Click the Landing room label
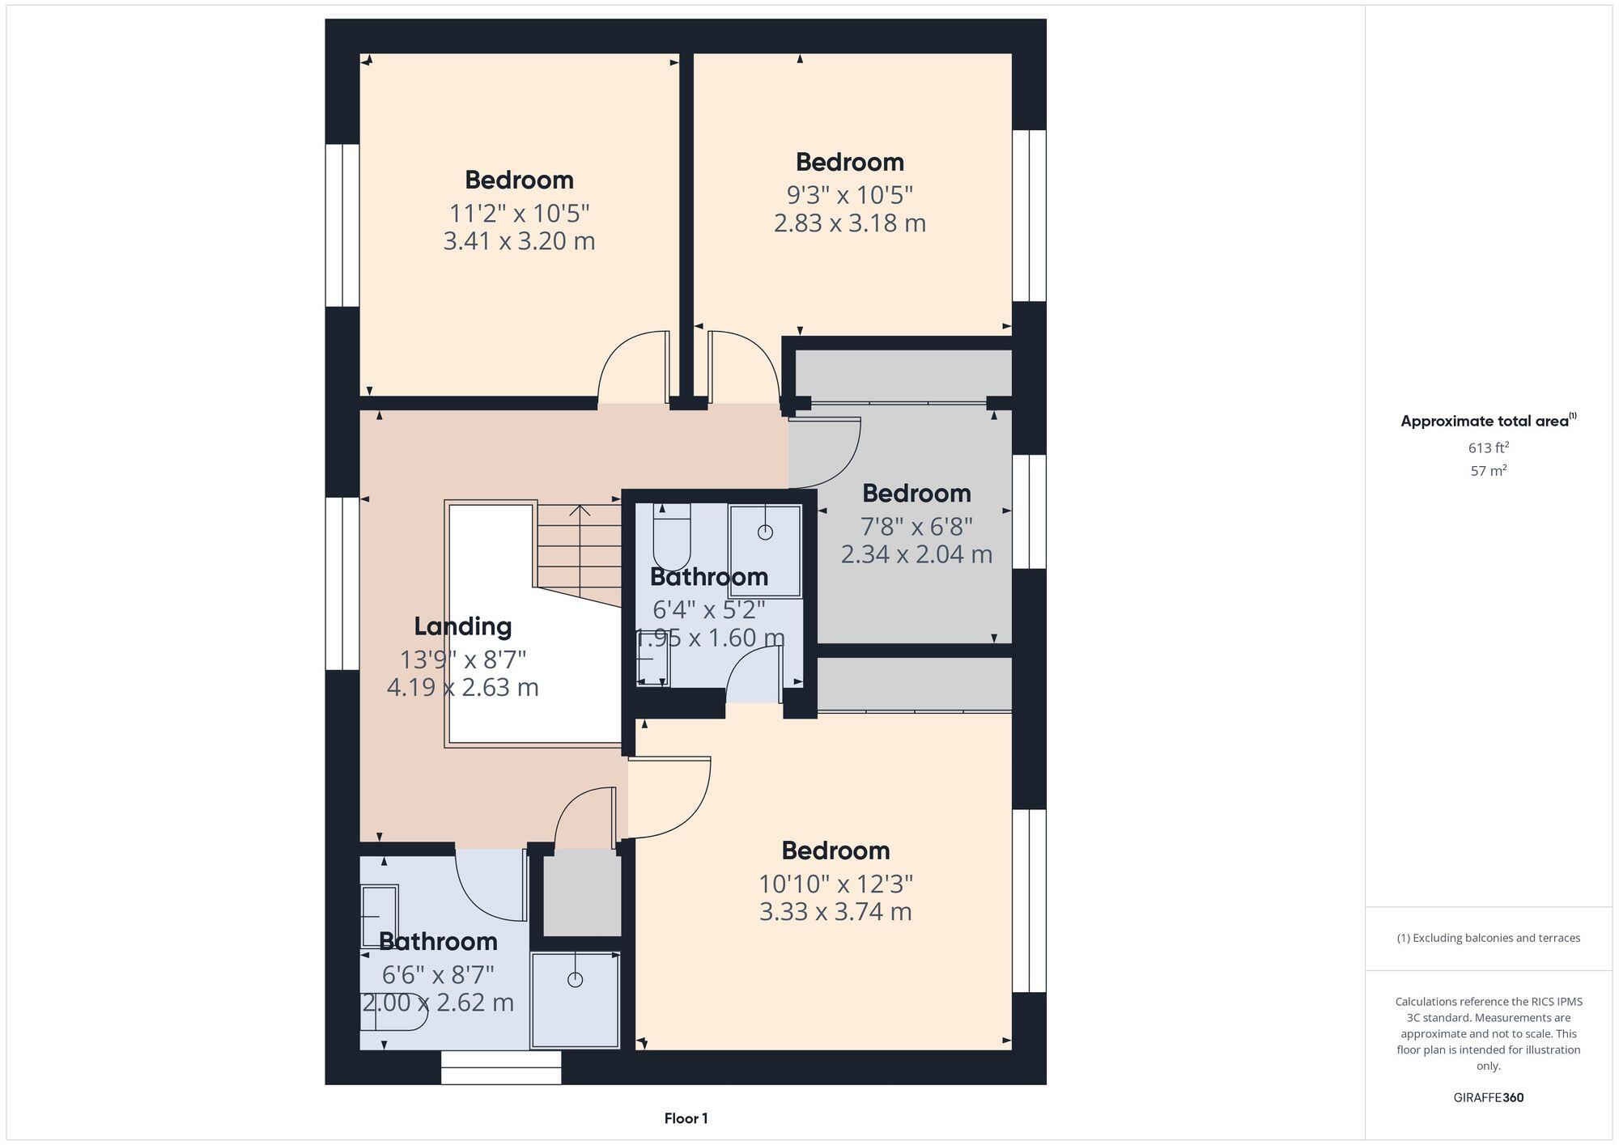tap(462, 626)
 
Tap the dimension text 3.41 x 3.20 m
tap(519, 241)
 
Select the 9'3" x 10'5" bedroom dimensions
tap(849, 195)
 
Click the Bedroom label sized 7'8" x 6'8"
tap(916, 493)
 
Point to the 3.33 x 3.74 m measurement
tap(835, 912)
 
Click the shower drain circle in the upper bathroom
tap(765, 532)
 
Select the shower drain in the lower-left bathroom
tap(575, 980)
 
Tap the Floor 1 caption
tap(686, 1118)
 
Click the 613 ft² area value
tap(1488, 447)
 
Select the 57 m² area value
tap(1488, 470)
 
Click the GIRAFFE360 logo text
tap(1488, 1098)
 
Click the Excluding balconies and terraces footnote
tap(1488, 938)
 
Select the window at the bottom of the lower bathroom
tap(501, 1067)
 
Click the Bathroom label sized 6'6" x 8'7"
tap(438, 941)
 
